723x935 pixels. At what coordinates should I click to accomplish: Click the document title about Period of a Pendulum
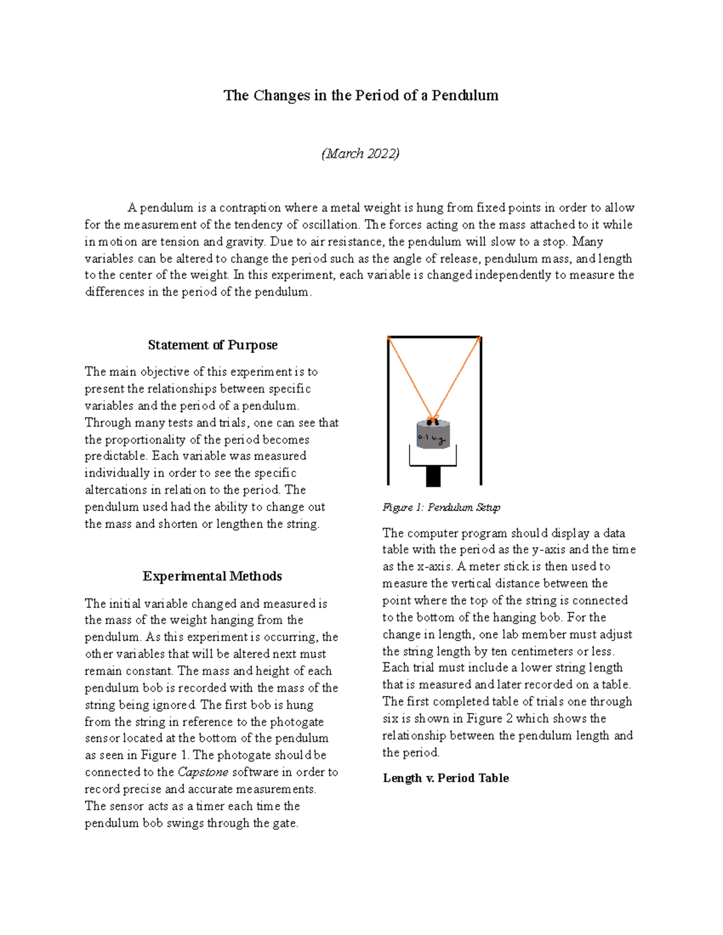(x=361, y=96)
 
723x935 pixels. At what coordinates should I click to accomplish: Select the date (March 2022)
(x=360, y=154)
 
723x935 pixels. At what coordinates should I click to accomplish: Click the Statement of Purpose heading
(x=213, y=345)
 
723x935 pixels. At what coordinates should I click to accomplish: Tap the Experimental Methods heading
(x=212, y=576)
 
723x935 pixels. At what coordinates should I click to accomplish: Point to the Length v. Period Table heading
(x=446, y=778)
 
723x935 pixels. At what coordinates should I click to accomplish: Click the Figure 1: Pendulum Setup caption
(x=441, y=508)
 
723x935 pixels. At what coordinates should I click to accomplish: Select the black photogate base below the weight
(x=433, y=476)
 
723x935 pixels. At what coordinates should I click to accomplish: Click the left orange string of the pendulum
(x=408, y=376)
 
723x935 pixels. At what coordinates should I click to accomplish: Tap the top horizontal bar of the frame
(x=434, y=337)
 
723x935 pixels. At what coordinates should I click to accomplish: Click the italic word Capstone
(x=203, y=772)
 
